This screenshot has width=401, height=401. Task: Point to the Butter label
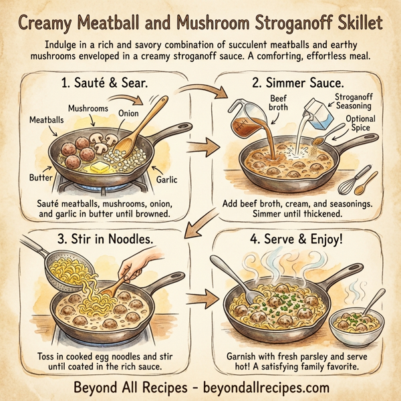(x=41, y=178)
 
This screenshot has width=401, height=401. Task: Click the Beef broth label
(x=279, y=103)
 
